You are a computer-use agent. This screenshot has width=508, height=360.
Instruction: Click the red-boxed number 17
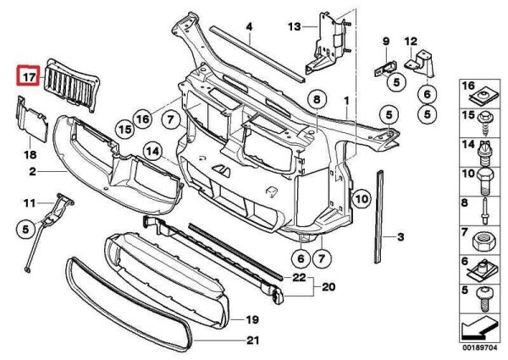tap(29, 77)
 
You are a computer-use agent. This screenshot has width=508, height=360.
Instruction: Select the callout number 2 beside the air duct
tap(31, 172)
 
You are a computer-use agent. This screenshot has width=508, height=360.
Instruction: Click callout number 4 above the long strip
tap(250, 27)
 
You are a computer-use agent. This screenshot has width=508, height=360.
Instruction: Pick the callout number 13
tap(294, 27)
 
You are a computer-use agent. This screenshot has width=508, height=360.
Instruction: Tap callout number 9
tap(385, 41)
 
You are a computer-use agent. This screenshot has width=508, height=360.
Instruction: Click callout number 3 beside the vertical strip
tap(401, 239)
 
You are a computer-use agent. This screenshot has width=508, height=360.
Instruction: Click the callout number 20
tap(329, 287)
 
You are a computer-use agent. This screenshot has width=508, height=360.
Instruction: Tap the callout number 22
tap(298, 278)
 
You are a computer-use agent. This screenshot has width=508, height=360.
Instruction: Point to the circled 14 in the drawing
tap(152, 152)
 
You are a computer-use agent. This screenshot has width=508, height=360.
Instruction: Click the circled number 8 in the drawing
tap(315, 100)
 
